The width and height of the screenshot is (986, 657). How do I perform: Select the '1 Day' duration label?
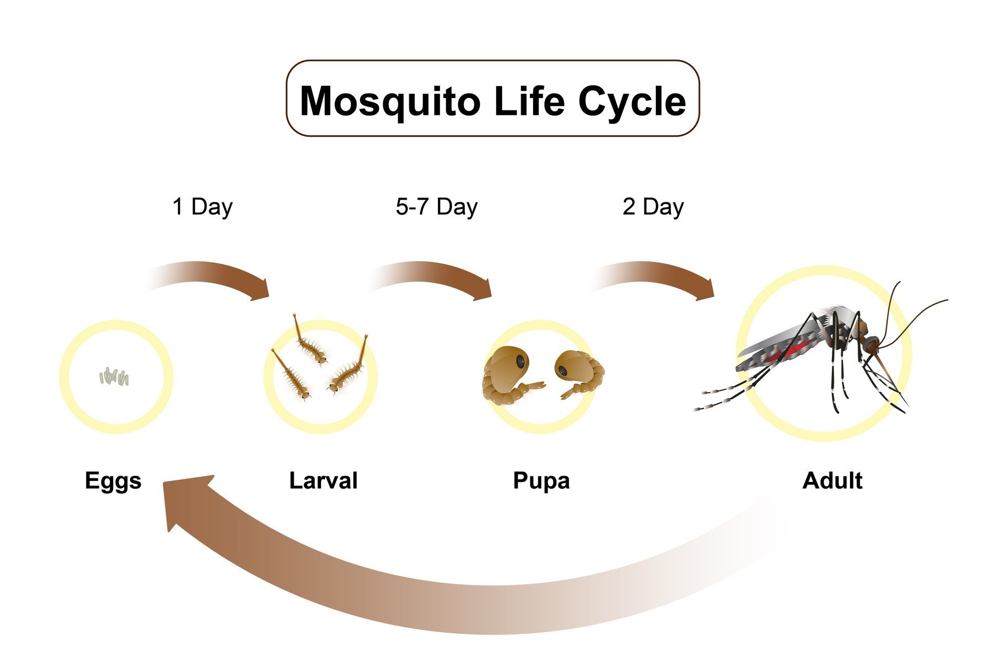pyautogui.click(x=202, y=207)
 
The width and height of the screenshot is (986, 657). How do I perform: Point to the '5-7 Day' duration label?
pyautogui.click(x=437, y=207)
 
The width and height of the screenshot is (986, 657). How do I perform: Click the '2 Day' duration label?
pyautogui.click(x=653, y=207)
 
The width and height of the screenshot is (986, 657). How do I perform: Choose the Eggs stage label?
pyautogui.click(x=113, y=481)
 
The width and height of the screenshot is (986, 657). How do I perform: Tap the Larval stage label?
pyautogui.click(x=323, y=480)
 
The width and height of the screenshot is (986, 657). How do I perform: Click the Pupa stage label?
pyautogui.click(x=541, y=481)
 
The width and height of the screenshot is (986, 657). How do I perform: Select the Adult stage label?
pyautogui.click(x=832, y=480)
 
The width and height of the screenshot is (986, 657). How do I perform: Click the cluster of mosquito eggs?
pyautogui.click(x=114, y=377)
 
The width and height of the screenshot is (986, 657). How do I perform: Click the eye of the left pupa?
pyautogui.click(x=521, y=361)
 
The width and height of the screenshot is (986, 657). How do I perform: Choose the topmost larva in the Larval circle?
pyautogui.click(x=310, y=343)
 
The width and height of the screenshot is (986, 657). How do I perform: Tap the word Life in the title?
pyautogui.click(x=529, y=101)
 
